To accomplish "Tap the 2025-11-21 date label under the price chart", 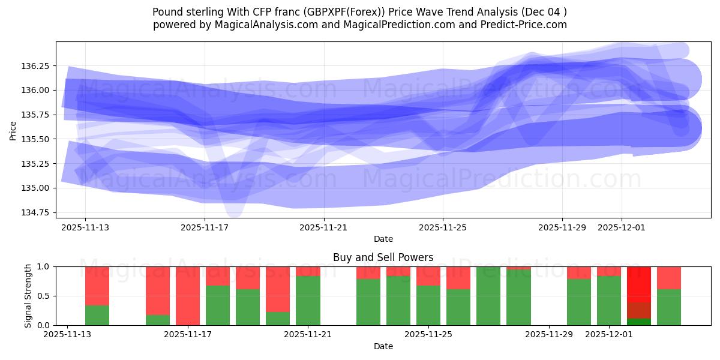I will click(323, 227).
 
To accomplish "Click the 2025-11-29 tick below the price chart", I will click(562, 227).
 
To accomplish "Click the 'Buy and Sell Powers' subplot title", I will click(383, 257).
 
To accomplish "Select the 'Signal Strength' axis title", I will click(28, 296).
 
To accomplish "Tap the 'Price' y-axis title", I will click(13, 130).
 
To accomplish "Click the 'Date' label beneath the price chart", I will click(383, 239).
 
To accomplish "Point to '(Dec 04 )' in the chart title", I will click(544, 12).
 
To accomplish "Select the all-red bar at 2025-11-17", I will click(188, 296).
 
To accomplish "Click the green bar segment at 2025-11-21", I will click(308, 301).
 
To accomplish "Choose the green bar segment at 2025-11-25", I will click(428, 305).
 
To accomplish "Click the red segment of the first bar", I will click(97, 286).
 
